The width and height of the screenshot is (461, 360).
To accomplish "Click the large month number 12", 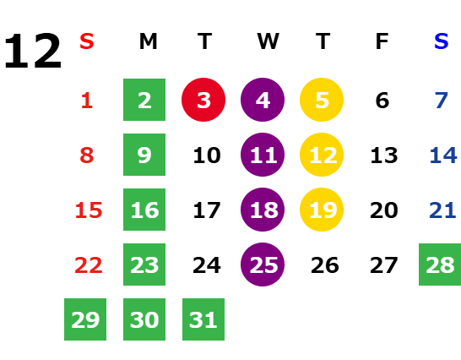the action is (33, 51).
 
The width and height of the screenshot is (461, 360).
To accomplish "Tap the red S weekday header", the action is (87, 41).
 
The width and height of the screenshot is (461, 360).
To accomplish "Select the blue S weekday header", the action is (442, 41).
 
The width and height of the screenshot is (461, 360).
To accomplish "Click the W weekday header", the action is (268, 41).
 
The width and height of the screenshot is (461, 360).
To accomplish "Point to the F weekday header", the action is (382, 41).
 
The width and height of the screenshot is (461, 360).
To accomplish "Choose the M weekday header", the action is (149, 41).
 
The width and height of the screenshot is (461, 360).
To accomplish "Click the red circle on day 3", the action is (203, 100).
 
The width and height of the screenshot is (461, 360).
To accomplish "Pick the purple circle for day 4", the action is (263, 100).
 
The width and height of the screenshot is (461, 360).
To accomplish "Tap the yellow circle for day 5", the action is (322, 100).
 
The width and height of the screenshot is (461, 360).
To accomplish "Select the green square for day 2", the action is (144, 100).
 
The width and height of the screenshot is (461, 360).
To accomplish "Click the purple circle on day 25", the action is (263, 265).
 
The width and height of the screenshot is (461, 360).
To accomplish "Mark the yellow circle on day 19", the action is (322, 210).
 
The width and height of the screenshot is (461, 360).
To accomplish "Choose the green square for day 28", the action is (440, 265).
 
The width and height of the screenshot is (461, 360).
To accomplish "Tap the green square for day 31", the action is (203, 319).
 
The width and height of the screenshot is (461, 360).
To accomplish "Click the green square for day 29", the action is (85, 319).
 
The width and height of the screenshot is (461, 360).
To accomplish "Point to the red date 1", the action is (87, 101).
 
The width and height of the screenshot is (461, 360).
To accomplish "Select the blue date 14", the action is (443, 155).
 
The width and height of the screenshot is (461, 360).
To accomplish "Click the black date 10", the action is (207, 155).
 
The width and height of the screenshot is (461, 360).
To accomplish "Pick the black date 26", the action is (325, 265).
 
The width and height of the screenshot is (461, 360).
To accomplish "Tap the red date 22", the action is (89, 265).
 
